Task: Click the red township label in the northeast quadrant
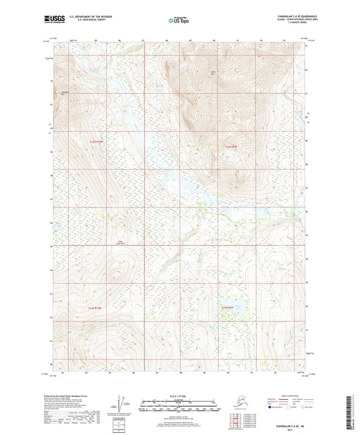click(231, 146)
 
